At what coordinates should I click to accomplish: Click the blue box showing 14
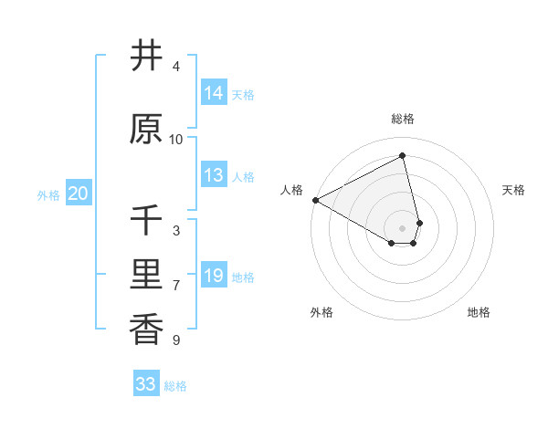pos(214,93)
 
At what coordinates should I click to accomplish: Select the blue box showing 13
pos(214,175)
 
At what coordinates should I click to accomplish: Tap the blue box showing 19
pos(214,276)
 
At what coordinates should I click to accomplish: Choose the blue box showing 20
pos(79,194)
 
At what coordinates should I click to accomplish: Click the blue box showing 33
pos(146,384)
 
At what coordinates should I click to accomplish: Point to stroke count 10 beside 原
pos(176,140)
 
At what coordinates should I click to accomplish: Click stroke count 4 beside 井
pos(176,67)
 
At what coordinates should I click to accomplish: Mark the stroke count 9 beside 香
pos(176,340)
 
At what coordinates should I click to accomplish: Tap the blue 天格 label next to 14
pos(243,95)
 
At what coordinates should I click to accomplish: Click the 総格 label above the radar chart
pos(403,119)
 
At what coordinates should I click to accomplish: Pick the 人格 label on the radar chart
pos(292,190)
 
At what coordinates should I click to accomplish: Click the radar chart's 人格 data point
pos(315,200)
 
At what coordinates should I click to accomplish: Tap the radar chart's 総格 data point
pos(403,155)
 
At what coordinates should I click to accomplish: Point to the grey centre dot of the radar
pos(403,227)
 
